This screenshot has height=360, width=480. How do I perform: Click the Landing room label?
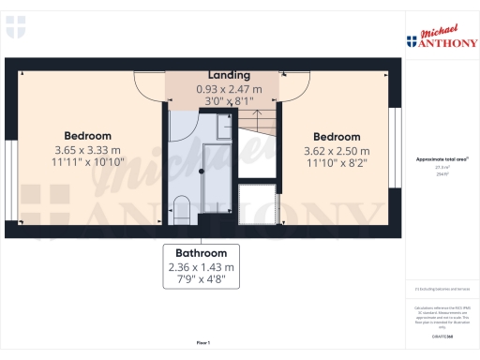point(229,74)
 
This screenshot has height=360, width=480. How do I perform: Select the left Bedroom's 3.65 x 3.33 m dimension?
point(87,149)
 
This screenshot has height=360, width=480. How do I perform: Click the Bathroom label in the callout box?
point(201,253)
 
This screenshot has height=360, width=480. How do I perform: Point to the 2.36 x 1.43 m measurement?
point(201,266)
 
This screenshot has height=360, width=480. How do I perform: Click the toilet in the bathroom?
point(183,205)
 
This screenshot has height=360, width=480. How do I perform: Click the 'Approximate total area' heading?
point(435,159)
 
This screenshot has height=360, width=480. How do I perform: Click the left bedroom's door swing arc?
point(150,89)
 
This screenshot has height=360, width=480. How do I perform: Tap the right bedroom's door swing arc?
point(293,89)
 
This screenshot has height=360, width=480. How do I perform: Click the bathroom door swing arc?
point(182,127)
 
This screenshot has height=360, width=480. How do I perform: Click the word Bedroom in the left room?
point(87,135)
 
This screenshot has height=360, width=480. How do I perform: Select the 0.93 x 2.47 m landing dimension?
point(229,88)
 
